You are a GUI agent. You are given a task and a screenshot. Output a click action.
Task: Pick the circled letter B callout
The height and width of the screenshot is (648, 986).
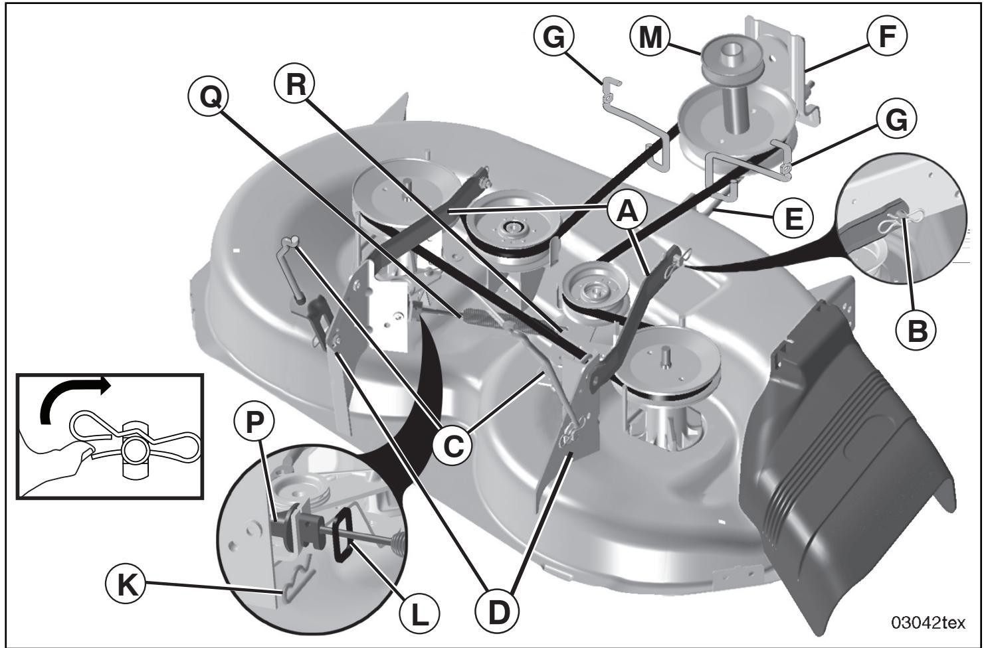(916, 330)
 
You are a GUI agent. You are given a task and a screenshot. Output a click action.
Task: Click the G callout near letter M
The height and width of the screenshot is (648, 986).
(553, 38)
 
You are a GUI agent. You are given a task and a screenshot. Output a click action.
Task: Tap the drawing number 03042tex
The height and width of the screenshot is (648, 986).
(928, 622)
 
